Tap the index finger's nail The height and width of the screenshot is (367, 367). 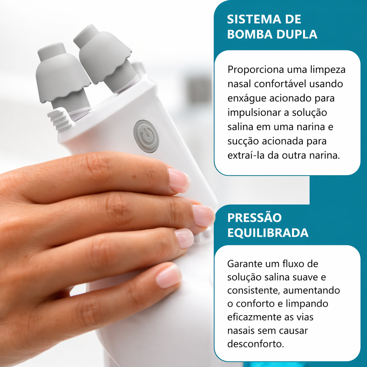coord(179,181)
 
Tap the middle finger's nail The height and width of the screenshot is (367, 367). coord(203,215)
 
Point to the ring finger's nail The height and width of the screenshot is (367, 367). coord(184,238)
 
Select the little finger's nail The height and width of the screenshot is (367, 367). coord(168,276)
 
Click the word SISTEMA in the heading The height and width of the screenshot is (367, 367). coord(254,19)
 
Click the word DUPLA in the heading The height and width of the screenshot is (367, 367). coord(297,34)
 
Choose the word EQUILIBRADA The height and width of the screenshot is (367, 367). coord(268,233)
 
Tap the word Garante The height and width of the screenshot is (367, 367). coord(245,264)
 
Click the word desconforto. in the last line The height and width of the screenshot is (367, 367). coord(256,344)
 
